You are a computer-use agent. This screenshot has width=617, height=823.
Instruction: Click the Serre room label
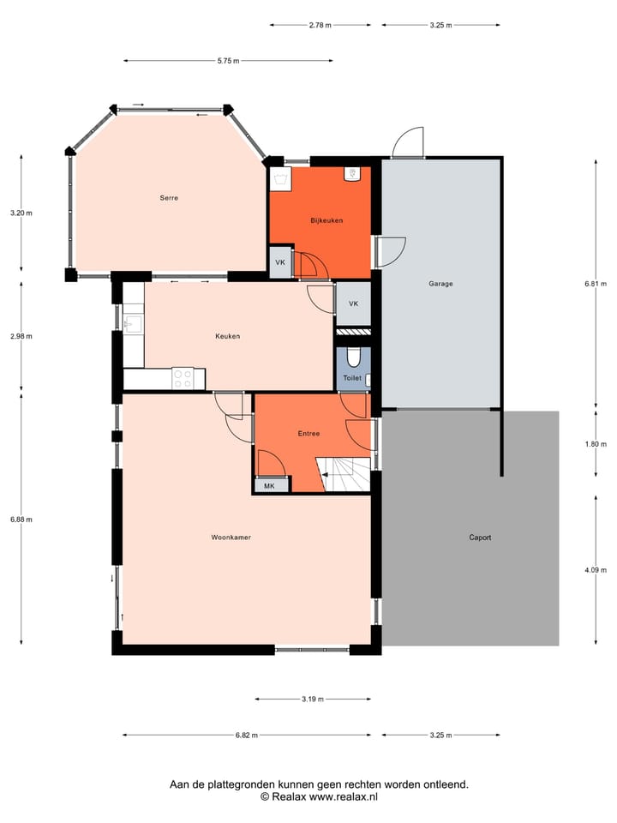coord(168,198)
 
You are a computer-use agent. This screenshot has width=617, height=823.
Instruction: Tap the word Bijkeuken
coord(326,220)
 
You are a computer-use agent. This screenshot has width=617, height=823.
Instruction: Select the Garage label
coord(440,283)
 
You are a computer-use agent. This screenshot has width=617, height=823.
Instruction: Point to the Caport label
coord(480,538)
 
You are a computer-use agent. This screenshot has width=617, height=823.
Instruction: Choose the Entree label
coord(308,434)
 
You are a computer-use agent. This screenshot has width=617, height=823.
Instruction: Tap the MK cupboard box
coord(269,485)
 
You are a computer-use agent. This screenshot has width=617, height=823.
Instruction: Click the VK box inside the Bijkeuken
coord(279,263)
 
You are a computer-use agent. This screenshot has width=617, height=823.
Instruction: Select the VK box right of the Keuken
coord(353,304)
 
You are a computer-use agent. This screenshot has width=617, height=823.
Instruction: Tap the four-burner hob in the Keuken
coord(183,378)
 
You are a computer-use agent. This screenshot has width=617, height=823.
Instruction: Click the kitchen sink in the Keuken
coord(133,323)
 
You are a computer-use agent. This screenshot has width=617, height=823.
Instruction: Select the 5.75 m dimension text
coord(228,61)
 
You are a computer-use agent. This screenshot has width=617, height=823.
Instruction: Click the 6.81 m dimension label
coord(596,283)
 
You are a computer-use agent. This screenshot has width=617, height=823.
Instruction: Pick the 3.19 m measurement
coord(312,700)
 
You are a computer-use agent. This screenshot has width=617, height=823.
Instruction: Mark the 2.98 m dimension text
coord(21,336)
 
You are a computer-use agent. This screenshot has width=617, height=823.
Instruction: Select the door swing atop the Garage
coord(408,143)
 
